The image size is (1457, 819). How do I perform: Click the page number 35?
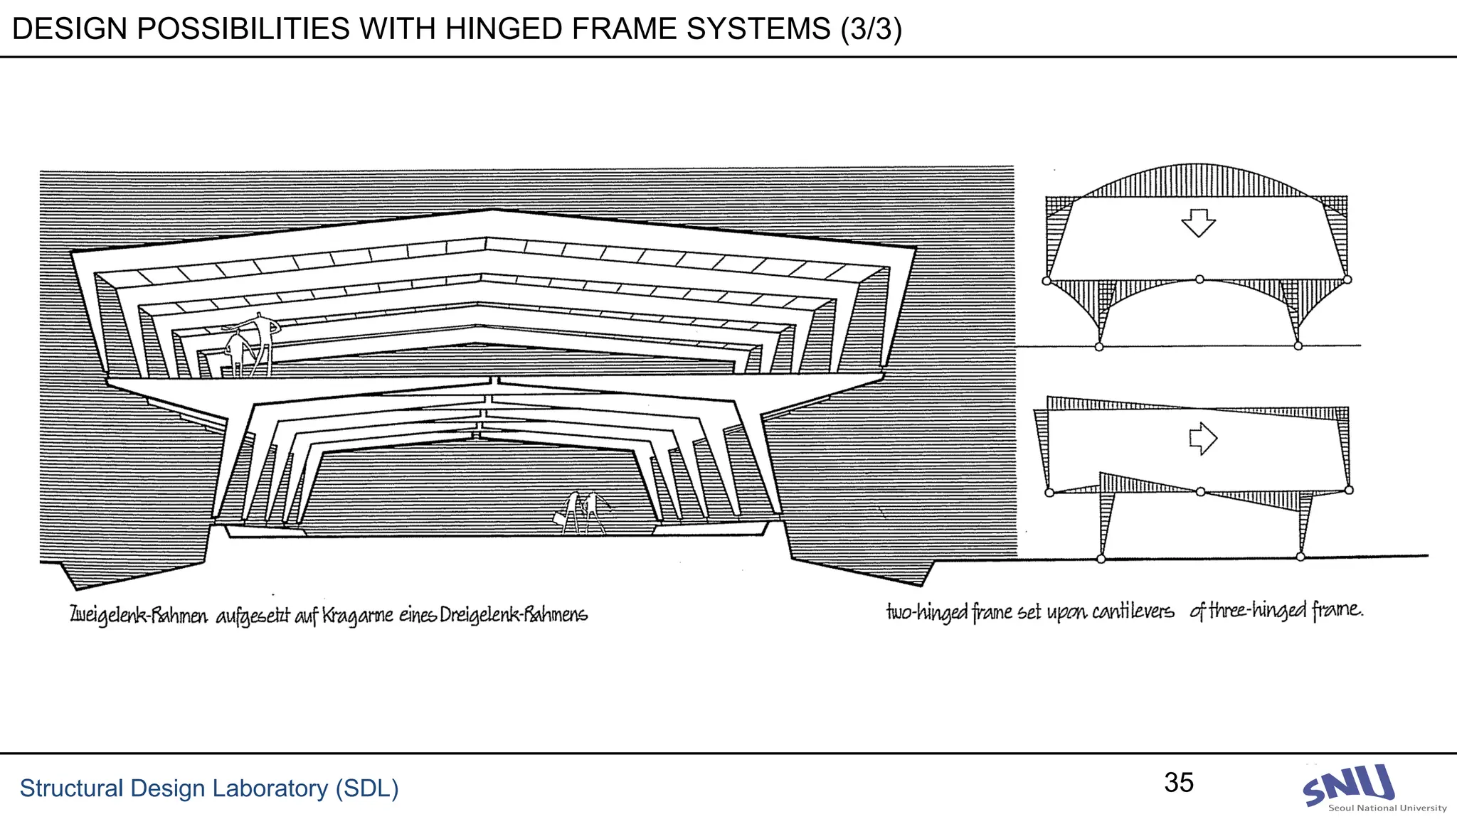click(1179, 783)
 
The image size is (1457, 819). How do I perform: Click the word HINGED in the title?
click(512, 29)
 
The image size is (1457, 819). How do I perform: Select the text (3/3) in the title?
click(871, 29)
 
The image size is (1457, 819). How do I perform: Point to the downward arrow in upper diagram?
click(1199, 223)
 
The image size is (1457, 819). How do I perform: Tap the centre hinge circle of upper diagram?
click(1199, 279)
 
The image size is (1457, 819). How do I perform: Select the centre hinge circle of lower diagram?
click(1201, 491)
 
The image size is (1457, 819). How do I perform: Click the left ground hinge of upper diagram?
click(1099, 347)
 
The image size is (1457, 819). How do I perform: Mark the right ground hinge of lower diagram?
click(1300, 557)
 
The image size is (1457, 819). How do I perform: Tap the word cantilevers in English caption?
click(1133, 611)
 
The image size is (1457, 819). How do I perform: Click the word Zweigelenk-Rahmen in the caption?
click(139, 615)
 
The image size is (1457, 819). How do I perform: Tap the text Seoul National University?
click(1387, 808)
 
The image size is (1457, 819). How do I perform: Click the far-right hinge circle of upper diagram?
click(1347, 279)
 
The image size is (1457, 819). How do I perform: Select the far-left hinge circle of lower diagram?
click(1049, 493)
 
